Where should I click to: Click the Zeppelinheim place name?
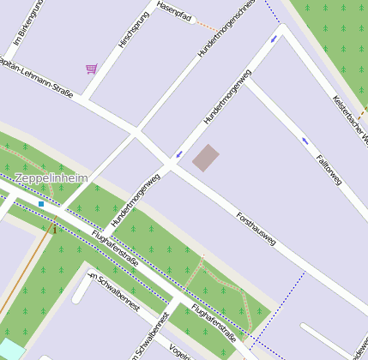click(x=51, y=178)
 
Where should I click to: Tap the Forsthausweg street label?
click(x=256, y=229)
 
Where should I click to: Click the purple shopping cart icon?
click(x=91, y=69)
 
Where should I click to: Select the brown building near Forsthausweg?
click(x=205, y=158)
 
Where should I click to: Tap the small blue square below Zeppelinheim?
click(x=41, y=204)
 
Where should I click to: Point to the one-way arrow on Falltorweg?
click(x=305, y=141)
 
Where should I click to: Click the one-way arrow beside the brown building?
click(x=179, y=155)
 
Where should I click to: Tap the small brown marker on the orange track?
click(x=54, y=229)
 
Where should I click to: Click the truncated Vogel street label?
click(x=179, y=352)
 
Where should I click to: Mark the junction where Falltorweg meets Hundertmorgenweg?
click(x=250, y=79)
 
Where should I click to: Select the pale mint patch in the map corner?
click(x=10, y=350)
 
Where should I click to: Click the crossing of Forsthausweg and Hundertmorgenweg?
click(x=169, y=165)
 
